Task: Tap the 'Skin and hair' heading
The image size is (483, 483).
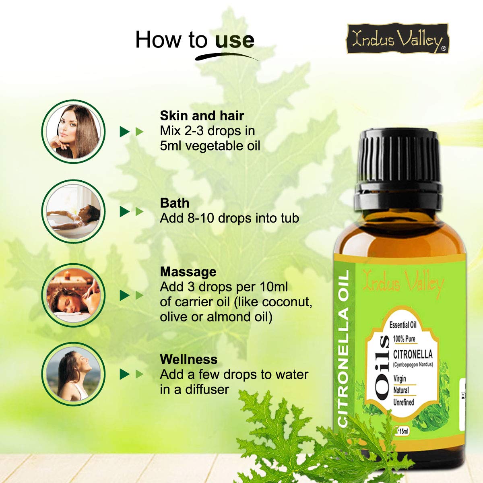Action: coord(202,116)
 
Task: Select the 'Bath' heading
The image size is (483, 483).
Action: coord(174,203)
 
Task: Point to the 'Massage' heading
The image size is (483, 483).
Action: coord(188,272)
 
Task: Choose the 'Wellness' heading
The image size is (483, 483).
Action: coord(188,359)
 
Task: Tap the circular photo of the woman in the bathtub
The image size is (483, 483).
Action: coord(73,212)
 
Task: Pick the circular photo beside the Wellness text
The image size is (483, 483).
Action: coord(73,374)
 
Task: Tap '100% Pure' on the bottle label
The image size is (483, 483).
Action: coord(404,339)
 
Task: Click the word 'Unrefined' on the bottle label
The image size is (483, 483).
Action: coord(403,402)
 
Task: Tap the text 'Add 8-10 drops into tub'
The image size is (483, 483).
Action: coord(229,218)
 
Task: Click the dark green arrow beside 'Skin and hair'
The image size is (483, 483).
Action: coord(124,132)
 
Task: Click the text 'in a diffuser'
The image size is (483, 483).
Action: coord(194,389)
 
